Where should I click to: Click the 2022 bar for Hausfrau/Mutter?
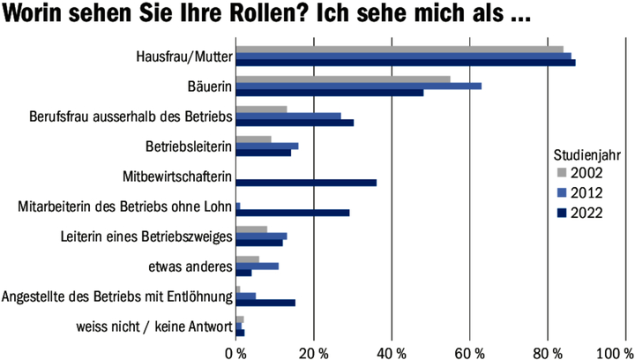tap(406, 63)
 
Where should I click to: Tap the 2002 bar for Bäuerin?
tap(343, 79)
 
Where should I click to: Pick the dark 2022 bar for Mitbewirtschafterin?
tap(306, 183)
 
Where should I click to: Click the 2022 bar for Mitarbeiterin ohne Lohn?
tap(293, 213)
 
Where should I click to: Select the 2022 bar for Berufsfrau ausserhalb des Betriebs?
tap(295, 122)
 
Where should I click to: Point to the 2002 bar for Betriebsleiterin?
tap(254, 139)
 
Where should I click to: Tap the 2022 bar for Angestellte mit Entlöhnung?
tap(265, 303)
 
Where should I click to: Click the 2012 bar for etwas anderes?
tap(258, 265)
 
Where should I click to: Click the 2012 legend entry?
tap(586, 191)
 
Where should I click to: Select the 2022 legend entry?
tap(586, 212)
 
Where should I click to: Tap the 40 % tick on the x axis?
tap(391, 352)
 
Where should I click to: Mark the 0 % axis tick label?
tap(236, 352)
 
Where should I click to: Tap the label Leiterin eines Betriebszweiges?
tap(146, 236)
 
